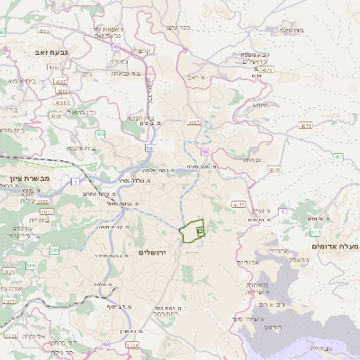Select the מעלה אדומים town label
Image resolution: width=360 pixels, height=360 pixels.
point(335,246)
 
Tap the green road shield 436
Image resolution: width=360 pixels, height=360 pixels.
point(100,134)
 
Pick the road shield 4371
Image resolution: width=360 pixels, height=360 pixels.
point(306,125)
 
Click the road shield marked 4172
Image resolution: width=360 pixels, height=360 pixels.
point(238,204)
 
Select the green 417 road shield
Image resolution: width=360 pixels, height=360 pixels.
point(315,231)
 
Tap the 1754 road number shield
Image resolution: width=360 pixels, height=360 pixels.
point(132,344)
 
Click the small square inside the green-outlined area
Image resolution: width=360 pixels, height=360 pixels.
point(200,230)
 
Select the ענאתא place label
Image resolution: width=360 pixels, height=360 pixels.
point(253,159)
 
